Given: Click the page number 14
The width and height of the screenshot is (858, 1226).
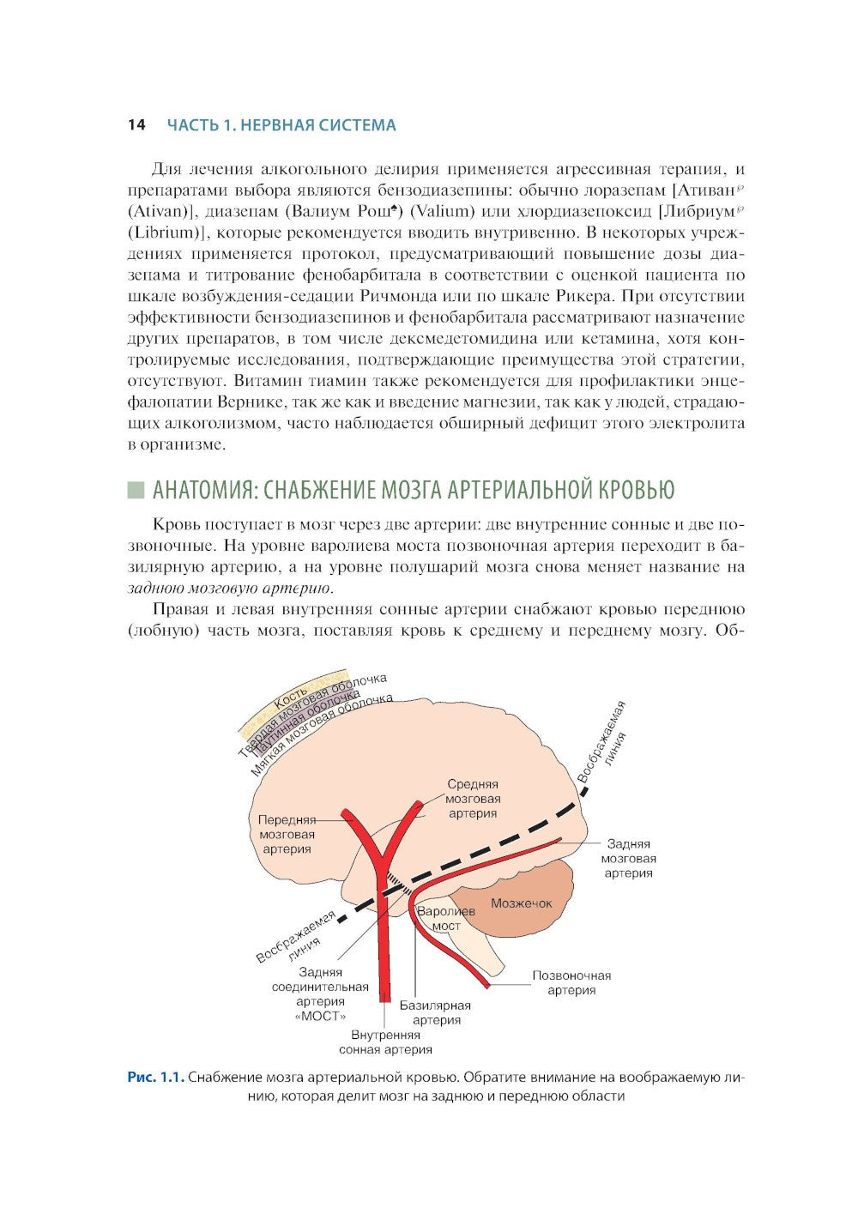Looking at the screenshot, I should tap(136, 125).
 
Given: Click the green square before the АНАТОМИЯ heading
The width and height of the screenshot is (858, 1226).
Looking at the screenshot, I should tap(136, 491).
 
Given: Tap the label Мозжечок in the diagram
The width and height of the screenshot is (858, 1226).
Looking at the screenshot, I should tap(521, 903).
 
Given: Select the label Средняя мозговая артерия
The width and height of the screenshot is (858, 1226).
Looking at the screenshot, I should tap(473, 799).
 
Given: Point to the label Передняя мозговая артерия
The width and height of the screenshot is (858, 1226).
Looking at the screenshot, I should tap(287, 834).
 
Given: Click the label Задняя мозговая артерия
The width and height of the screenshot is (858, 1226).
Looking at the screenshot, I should tap(628, 859).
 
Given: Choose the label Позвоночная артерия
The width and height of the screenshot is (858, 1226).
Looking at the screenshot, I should tap(571, 983).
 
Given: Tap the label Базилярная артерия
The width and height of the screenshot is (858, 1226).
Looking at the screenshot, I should tap(435, 1013).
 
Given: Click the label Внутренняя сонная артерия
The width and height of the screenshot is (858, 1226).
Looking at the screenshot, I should tap(385, 1042).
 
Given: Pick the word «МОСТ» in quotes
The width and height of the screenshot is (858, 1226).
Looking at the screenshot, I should tap(320, 1016).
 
